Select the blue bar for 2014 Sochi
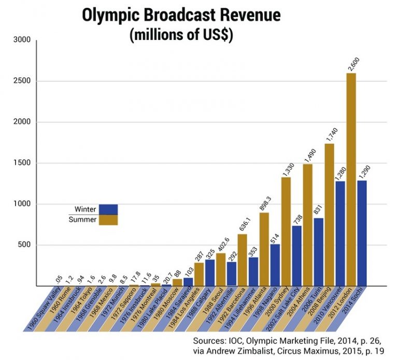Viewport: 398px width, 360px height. (x=361, y=233)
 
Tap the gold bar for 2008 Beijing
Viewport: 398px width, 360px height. (x=329, y=214)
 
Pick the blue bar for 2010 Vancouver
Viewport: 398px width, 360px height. (x=340, y=234)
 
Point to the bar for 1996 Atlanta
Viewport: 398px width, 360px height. (x=264, y=249)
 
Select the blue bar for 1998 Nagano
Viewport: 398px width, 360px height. (x=275, y=265)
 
